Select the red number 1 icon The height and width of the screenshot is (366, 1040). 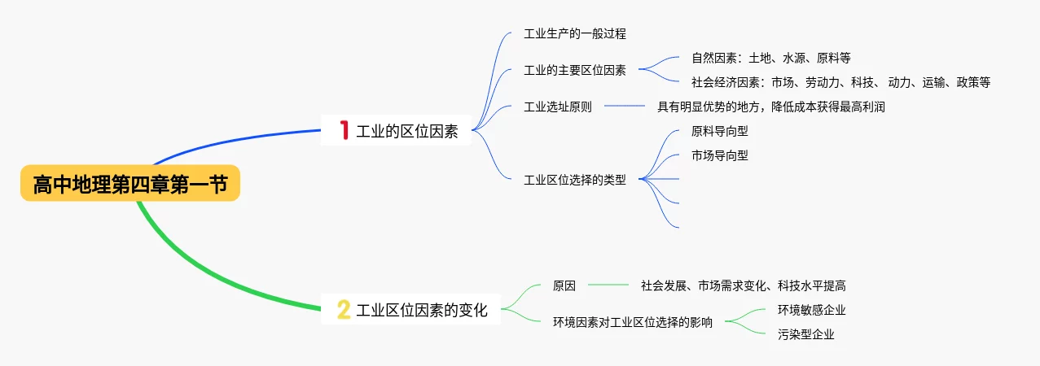tap(344, 130)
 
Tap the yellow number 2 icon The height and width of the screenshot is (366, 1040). tap(344, 309)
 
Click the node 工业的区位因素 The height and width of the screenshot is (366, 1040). tap(407, 131)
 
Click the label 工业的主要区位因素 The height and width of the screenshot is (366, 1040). tap(574, 70)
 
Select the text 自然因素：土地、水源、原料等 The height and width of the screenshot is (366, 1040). tap(770, 58)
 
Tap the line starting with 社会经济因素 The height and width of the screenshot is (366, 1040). tap(840, 82)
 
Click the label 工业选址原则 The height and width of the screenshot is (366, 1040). tap(557, 107)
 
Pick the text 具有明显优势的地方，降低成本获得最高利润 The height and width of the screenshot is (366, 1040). tap(770, 107)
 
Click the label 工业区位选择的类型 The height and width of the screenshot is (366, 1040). tap(574, 180)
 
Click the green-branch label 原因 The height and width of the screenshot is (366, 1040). tap(564, 285)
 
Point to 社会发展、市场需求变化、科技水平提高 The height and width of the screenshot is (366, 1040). tap(743, 285)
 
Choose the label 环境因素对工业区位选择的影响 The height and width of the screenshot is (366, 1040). tap(632, 322)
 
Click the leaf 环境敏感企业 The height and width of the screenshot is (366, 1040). tap(811, 310)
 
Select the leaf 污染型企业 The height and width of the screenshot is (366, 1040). tap(805, 334)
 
